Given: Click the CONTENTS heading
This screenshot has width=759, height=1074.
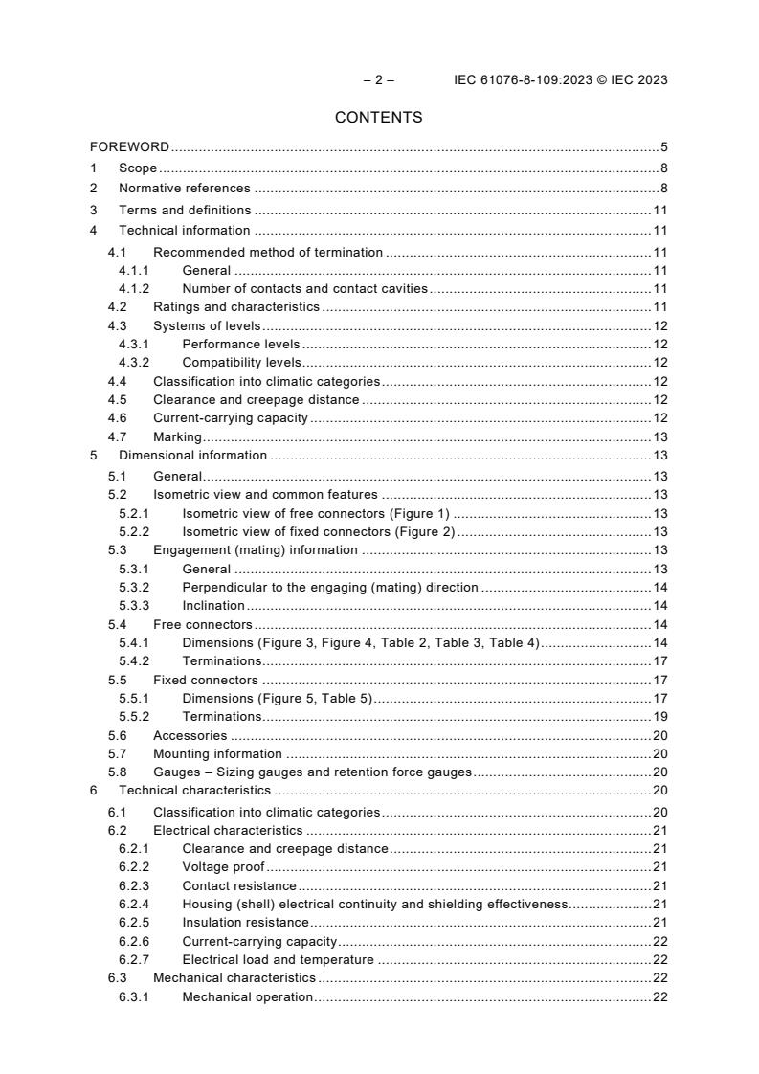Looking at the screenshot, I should tap(378, 118).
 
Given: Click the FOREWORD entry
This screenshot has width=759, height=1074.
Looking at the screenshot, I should tap(129, 147).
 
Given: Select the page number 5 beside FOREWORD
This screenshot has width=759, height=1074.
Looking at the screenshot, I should tap(663, 147).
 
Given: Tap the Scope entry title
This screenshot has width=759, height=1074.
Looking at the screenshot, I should tap(138, 168).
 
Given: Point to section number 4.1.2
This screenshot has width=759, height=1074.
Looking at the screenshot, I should tap(134, 288).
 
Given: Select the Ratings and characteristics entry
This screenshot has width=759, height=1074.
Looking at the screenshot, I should tap(236, 307).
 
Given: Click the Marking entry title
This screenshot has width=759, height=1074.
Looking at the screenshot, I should tap(177, 436).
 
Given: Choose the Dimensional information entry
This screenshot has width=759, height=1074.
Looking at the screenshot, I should tap(192, 456).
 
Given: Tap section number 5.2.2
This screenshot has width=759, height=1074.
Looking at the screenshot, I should tap(134, 531).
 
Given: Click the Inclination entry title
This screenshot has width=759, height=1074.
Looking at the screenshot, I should tap(213, 606).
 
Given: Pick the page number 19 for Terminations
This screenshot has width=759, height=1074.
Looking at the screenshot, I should tap(659, 716).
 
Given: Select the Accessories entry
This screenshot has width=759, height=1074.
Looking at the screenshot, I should tap(190, 735).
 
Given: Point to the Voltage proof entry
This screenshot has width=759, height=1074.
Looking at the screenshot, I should tap(223, 866).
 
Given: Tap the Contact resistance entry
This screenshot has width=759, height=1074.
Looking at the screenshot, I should tap(239, 885).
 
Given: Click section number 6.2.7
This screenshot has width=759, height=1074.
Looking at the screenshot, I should tap(134, 959).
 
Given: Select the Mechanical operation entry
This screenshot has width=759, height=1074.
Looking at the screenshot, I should tap(247, 997).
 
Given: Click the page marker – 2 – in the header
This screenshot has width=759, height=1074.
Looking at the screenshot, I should tap(379, 80).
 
